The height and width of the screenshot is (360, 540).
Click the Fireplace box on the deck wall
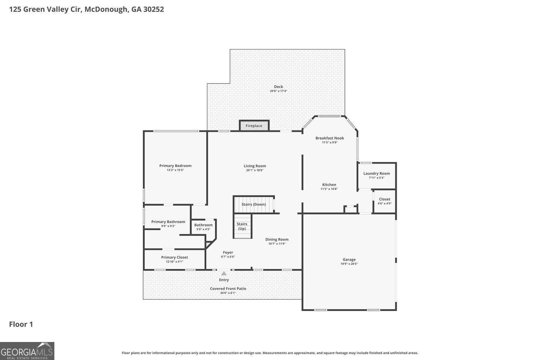coord(254,126)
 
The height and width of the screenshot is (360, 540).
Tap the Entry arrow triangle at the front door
coord(224,274)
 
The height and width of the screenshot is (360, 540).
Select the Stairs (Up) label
coord(242,226)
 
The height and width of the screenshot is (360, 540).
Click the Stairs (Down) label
coord(254,204)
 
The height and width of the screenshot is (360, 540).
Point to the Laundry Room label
coord(377,174)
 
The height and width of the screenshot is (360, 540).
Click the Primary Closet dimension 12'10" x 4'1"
coord(175,262)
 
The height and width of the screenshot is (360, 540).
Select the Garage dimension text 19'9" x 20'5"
coord(349,264)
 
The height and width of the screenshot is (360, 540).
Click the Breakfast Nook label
coord(330,138)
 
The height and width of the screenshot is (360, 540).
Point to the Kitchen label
coord(329,185)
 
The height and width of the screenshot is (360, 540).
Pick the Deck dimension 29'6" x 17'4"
coord(279,91)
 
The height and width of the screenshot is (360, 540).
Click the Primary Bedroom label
coord(175,166)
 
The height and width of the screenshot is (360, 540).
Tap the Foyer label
coord(228,252)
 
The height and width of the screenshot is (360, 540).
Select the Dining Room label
coord(277,239)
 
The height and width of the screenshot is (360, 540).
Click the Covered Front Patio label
coord(228,289)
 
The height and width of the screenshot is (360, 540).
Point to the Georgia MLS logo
coord(27,351)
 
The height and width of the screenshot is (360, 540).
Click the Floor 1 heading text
coord(21,324)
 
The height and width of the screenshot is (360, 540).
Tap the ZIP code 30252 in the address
coord(153,9)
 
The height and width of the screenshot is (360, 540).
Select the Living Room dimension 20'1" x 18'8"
coord(255,170)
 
